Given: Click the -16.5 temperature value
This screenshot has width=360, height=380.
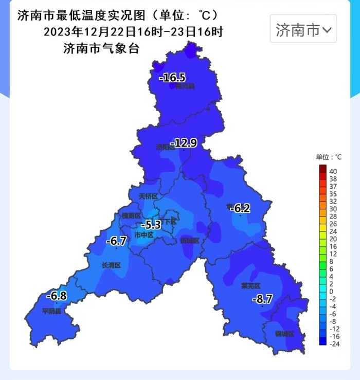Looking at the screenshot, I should pyautogui.click(x=172, y=78).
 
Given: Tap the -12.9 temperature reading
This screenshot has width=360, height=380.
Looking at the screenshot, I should pyautogui.click(x=184, y=143).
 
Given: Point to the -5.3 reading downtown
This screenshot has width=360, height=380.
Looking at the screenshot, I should pyautogui.click(x=151, y=225).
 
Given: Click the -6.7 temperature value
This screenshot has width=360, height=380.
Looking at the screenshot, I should pyautogui.click(x=116, y=241).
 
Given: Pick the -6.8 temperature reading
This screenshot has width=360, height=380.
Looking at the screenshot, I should pyautogui.click(x=56, y=296).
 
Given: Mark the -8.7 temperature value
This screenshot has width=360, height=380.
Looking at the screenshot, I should pyautogui.click(x=262, y=299).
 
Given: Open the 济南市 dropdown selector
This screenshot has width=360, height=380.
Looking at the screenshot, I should pyautogui.click(x=303, y=29).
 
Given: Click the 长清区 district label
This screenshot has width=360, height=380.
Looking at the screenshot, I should pyautogui.click(x=111, y=265).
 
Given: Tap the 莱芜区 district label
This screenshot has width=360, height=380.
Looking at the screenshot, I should pyautogui.click(x=251, y=286).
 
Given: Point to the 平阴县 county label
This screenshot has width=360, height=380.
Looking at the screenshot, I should pyautogui.click(x=51, y=311).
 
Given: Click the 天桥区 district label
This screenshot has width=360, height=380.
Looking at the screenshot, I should pyautogui.click(x=148, y=197).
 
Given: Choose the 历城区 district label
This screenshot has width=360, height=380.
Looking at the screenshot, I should pyautogui.click(x=189, y=241).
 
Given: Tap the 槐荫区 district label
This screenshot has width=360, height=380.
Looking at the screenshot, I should pyautogui.click(x=131, y=215).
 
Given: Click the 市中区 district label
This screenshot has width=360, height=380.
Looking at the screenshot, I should pyautogui.click(x=143, y=235).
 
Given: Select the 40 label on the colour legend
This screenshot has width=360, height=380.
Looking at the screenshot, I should pyautogui.click(x=333, y=171).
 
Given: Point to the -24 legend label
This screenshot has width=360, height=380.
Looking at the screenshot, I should pyautogui.click(x=333, y=343).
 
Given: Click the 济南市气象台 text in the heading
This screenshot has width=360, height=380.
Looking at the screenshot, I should pyautogui.click(x=101, y=49).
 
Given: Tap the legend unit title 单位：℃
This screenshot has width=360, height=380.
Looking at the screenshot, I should pyautogui.click(x=329, y=157).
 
